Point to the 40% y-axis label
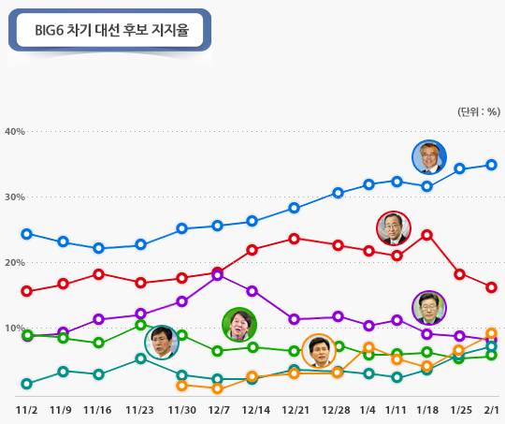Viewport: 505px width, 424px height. click(x=14, y=131)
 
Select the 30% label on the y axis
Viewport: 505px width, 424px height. click(x=14, y=197)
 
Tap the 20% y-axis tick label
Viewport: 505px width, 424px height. click(x=14, y=263)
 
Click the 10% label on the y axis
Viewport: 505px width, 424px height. click(x=14, y=329)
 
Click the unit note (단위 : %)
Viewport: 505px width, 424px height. click(x=477, y=110)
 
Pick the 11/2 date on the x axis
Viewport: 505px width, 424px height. click(x=26, y=409)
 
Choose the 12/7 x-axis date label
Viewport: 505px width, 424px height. click(x=218, y=409)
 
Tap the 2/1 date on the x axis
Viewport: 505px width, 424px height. click(x=491, y=409)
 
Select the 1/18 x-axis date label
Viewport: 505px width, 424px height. click(x=427, y=409)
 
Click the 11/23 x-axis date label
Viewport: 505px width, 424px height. click(x=139, y=409)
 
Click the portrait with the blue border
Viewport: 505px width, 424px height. click(x=429, y=158)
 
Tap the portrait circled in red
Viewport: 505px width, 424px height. click(x=393, y=228)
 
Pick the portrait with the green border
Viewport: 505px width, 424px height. click(x=238, y=325)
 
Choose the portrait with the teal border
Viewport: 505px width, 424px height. click(x=162, y=342)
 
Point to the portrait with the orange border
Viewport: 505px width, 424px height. click(x=320, y=352)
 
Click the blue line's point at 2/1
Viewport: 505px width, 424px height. click(x=491, y=165)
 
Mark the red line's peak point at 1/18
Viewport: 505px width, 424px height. click(x=427, y=234)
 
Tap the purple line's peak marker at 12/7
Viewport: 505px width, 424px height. click(x=218, y=275)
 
